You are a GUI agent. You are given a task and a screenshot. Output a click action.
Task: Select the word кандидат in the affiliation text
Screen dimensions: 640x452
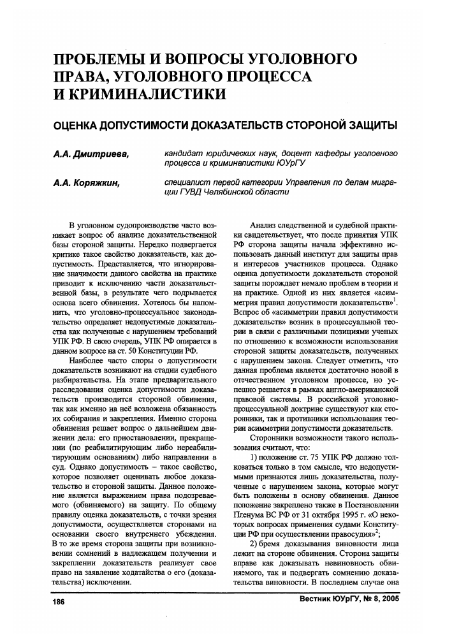pyautogui.click(x=184, y=154)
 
